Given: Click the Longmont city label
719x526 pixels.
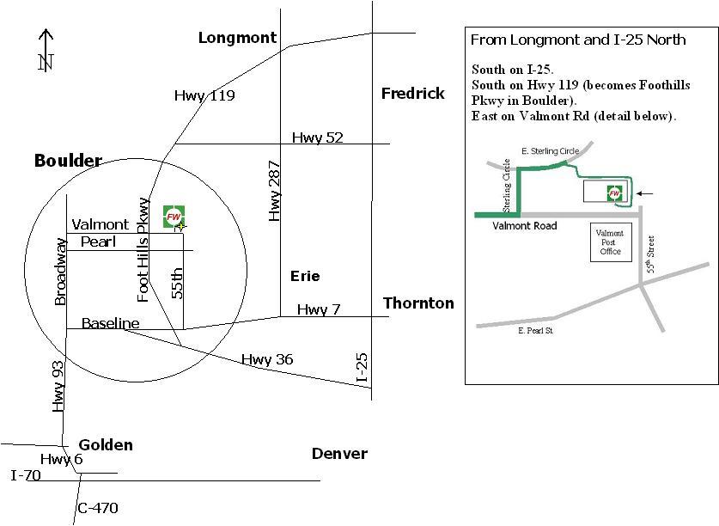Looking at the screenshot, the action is tap(238, 38).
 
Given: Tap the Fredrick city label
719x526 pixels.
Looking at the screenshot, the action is tap(412, 94).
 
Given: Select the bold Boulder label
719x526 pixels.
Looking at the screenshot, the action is tap(68, 161).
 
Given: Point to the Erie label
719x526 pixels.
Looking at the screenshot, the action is tap(305, 276).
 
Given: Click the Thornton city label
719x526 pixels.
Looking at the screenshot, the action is tap(418, 303).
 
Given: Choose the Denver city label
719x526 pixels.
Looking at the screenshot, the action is tap(339, 454).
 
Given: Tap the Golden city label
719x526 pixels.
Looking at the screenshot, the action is tap(106, 444).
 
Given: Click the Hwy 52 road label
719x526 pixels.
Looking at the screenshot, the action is tap(318, 138).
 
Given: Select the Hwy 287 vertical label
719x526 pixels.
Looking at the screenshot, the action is tap(274, 191).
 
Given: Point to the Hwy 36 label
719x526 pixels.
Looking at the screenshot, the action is tap(267, 359).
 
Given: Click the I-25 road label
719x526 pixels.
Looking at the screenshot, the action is tap(362, 367).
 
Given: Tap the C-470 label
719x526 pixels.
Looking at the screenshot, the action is tap(98, 508).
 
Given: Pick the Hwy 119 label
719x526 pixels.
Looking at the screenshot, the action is tap(204, 95).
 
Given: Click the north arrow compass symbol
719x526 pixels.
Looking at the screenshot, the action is tap(46, 51).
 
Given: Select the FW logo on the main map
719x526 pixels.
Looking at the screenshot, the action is tap(174, 217).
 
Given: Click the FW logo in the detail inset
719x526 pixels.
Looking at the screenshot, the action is tap(614, 193).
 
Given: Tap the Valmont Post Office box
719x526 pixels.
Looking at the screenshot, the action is tap(611, 242).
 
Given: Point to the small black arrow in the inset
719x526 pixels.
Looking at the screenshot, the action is tap(645, 193).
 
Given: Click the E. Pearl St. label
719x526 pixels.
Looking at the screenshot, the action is tap(535, 331).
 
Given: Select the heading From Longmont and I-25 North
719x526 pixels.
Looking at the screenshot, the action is tap(578, 40).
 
